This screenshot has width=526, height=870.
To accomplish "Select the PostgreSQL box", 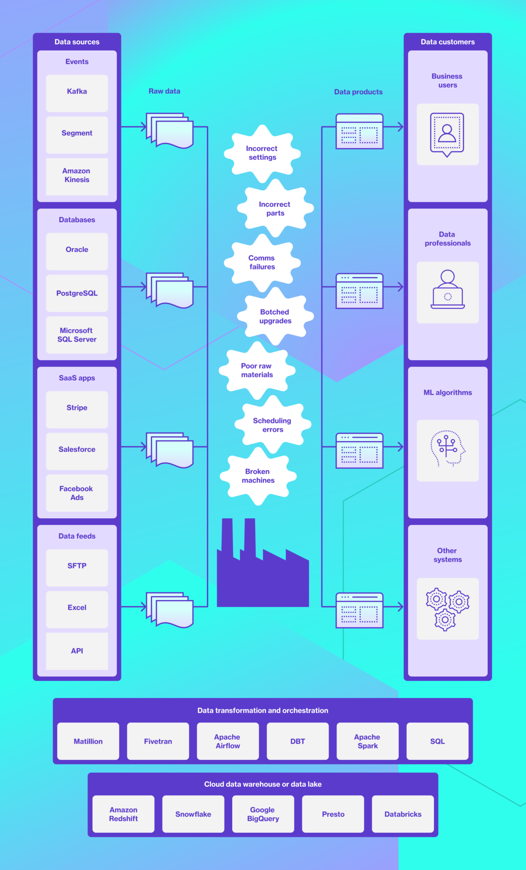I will [77, 293].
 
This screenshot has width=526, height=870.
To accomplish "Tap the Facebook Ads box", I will [77, 493].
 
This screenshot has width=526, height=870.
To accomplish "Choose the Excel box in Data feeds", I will [77, 608].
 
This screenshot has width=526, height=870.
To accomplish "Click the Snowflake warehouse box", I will [193, 814].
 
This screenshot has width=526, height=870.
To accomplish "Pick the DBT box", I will [298, 741].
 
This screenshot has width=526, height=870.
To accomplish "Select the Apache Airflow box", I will [228, 741].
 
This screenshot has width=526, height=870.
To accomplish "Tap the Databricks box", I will [403, 814].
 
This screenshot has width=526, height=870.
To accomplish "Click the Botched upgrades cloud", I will [275, 316].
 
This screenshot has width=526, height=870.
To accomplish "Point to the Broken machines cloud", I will [258, 476].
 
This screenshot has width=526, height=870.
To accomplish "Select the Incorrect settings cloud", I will [262, 153].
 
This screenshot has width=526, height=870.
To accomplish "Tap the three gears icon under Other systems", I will [447, 609].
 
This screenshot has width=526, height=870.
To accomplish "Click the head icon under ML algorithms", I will [447, 449].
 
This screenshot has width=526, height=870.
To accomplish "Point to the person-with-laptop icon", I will [447, 290].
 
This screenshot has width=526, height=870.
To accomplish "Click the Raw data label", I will [164, 91].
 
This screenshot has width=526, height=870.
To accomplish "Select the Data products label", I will [358, 92].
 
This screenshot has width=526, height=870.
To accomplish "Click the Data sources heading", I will [77, 42].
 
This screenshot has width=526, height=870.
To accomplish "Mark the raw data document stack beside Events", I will [170, 130].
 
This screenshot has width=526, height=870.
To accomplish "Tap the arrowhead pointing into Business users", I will [399, 127].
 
